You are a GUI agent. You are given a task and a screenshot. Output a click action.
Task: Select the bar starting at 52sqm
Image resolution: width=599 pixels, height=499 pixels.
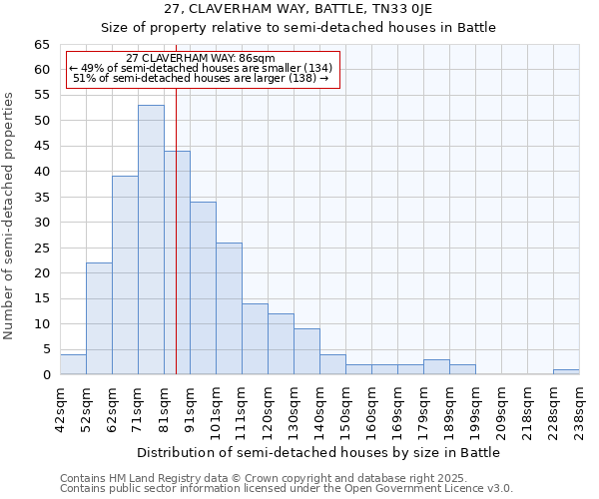(x=99, y=318)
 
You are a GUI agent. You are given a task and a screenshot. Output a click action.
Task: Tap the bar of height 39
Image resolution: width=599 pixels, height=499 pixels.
(x=125, y=275)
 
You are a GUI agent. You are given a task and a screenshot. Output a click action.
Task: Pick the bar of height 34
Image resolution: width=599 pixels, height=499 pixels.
(x=203, y=288)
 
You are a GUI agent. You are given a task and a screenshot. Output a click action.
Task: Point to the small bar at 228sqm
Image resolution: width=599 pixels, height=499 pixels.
(x=566, y=372)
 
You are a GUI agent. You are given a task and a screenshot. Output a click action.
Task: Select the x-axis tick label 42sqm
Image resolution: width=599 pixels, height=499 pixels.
(x=60, y=407)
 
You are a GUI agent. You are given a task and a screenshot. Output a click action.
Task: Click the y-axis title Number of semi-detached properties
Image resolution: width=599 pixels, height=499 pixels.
(x=10, y=216)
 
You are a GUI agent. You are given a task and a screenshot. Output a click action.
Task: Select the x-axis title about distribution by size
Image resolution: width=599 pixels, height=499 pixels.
(x=318, y=452)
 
